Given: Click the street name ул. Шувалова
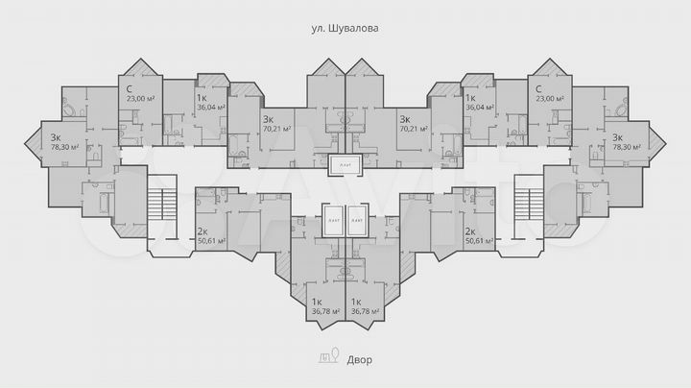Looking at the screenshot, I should [345, 29].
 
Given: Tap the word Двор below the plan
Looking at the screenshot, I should [360, 359].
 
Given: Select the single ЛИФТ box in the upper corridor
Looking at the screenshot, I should [345, 165].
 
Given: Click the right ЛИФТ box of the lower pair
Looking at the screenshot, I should [358, 219].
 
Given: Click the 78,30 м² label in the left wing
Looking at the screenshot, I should [62, 149].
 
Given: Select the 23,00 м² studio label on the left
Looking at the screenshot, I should [139, 98].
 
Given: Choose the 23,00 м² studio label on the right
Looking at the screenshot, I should [550, 98].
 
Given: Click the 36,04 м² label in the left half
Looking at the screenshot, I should [210, 108].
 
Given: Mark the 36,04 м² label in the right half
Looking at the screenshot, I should [479, 108].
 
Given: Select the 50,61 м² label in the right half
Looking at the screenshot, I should [479, 241].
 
